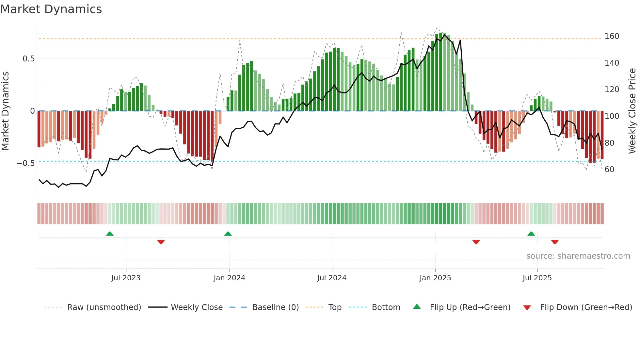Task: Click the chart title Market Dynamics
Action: [51, 9]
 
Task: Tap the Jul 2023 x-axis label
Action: [126, 278]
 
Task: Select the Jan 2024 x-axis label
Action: [229, 278]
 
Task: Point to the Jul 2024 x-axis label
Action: [332, 278]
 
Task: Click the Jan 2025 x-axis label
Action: [435, 278]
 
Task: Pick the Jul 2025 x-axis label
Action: [537, 278]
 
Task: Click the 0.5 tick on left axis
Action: [29, 59]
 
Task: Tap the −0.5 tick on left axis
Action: [26, 163]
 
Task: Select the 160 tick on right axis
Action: [612, 36]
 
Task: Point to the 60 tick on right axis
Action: [609, 169]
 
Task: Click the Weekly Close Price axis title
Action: [632, 111]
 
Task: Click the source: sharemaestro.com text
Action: [578, 256]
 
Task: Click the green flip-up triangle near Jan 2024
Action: [228, 234]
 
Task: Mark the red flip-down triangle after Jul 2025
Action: [555, 242]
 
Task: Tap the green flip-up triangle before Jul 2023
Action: [110, 234]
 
